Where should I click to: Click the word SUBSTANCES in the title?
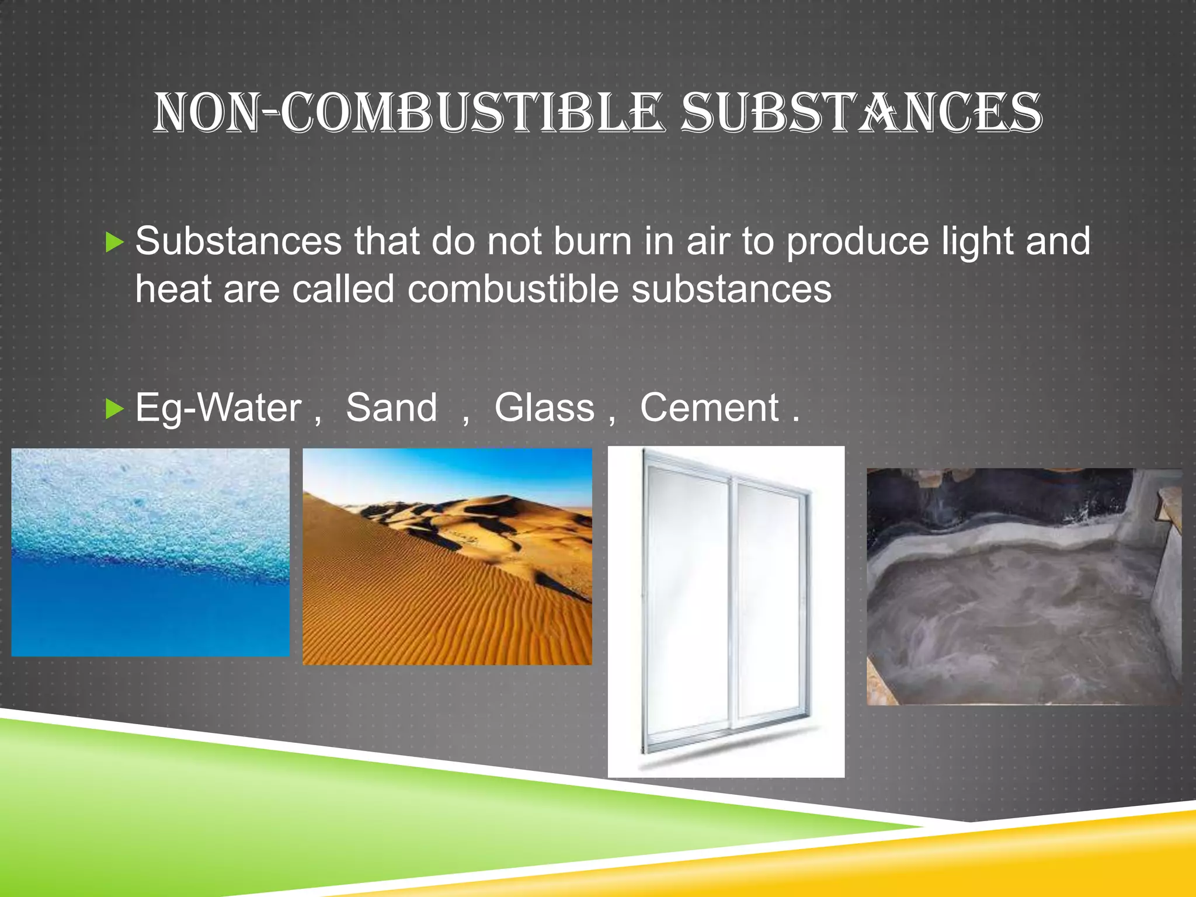(861, 112)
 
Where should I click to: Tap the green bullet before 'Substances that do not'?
(115, 242)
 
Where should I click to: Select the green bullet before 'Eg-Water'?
(115, 409)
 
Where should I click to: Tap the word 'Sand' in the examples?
(391, 408)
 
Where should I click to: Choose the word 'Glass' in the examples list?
(544, 408)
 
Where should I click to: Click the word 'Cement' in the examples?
(709, 408)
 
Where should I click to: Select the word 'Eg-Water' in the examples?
(218, 409)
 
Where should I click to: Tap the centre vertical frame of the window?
(732, 602)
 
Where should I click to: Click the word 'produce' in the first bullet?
(857, 242)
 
